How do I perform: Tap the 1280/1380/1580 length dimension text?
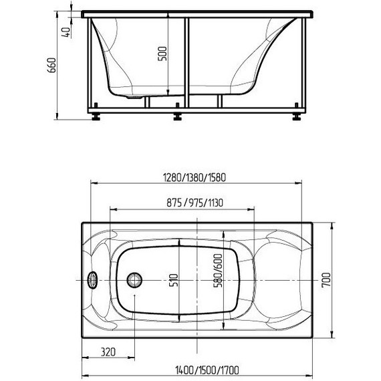[x=195, y=178]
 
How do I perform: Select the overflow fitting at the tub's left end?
[x=92, y=279]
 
